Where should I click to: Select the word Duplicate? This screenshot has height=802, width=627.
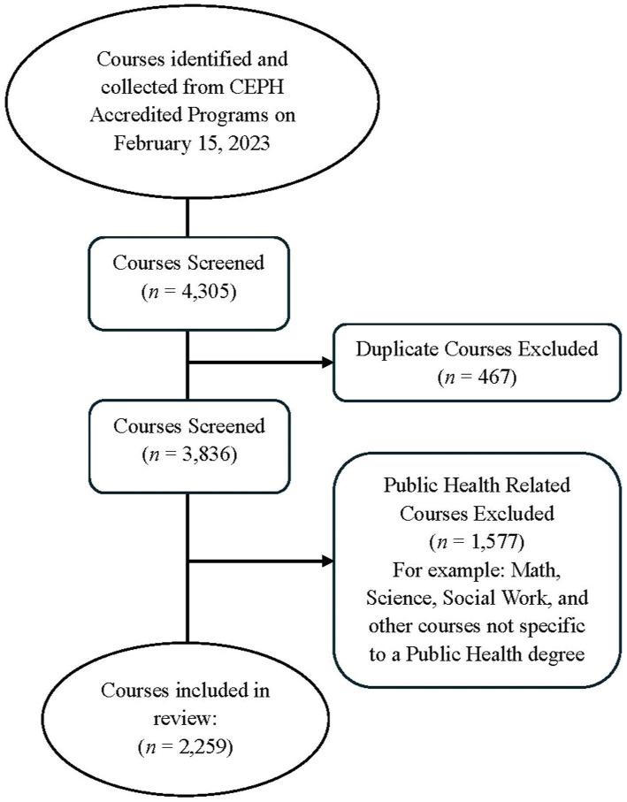(395, 348)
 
